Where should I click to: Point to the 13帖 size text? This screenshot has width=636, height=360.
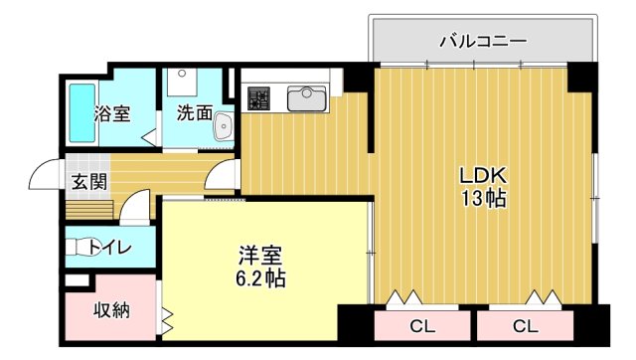483,199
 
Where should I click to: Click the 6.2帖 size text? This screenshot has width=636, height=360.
261,278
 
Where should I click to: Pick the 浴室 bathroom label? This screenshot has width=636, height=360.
112,112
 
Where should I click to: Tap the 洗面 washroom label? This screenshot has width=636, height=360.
194,112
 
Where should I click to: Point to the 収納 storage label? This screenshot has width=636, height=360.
111,309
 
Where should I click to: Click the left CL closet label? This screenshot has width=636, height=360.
421,325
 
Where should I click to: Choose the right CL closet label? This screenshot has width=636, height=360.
525,325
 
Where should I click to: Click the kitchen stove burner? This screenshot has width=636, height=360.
259,98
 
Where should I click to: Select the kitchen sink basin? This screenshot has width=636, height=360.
306,98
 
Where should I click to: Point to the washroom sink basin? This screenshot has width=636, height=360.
223,125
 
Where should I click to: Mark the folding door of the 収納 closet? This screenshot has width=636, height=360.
165,321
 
